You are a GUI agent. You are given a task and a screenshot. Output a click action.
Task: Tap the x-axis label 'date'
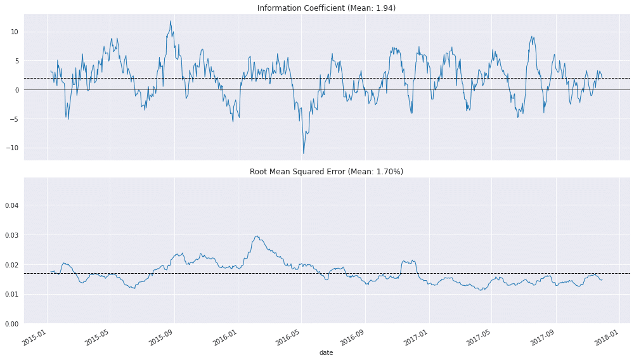coord(326,352)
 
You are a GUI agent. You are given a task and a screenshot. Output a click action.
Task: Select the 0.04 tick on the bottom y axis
coord(13,205)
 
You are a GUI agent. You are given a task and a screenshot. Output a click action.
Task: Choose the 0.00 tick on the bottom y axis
coord(13,324)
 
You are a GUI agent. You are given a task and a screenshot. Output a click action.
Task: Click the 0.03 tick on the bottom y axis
coord(13,235)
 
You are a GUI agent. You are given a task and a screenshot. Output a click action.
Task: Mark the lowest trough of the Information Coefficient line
coord(303,153)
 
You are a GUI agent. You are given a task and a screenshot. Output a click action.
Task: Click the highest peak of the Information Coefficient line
coord(170,21)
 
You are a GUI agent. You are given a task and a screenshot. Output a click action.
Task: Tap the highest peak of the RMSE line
coord(257,236)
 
